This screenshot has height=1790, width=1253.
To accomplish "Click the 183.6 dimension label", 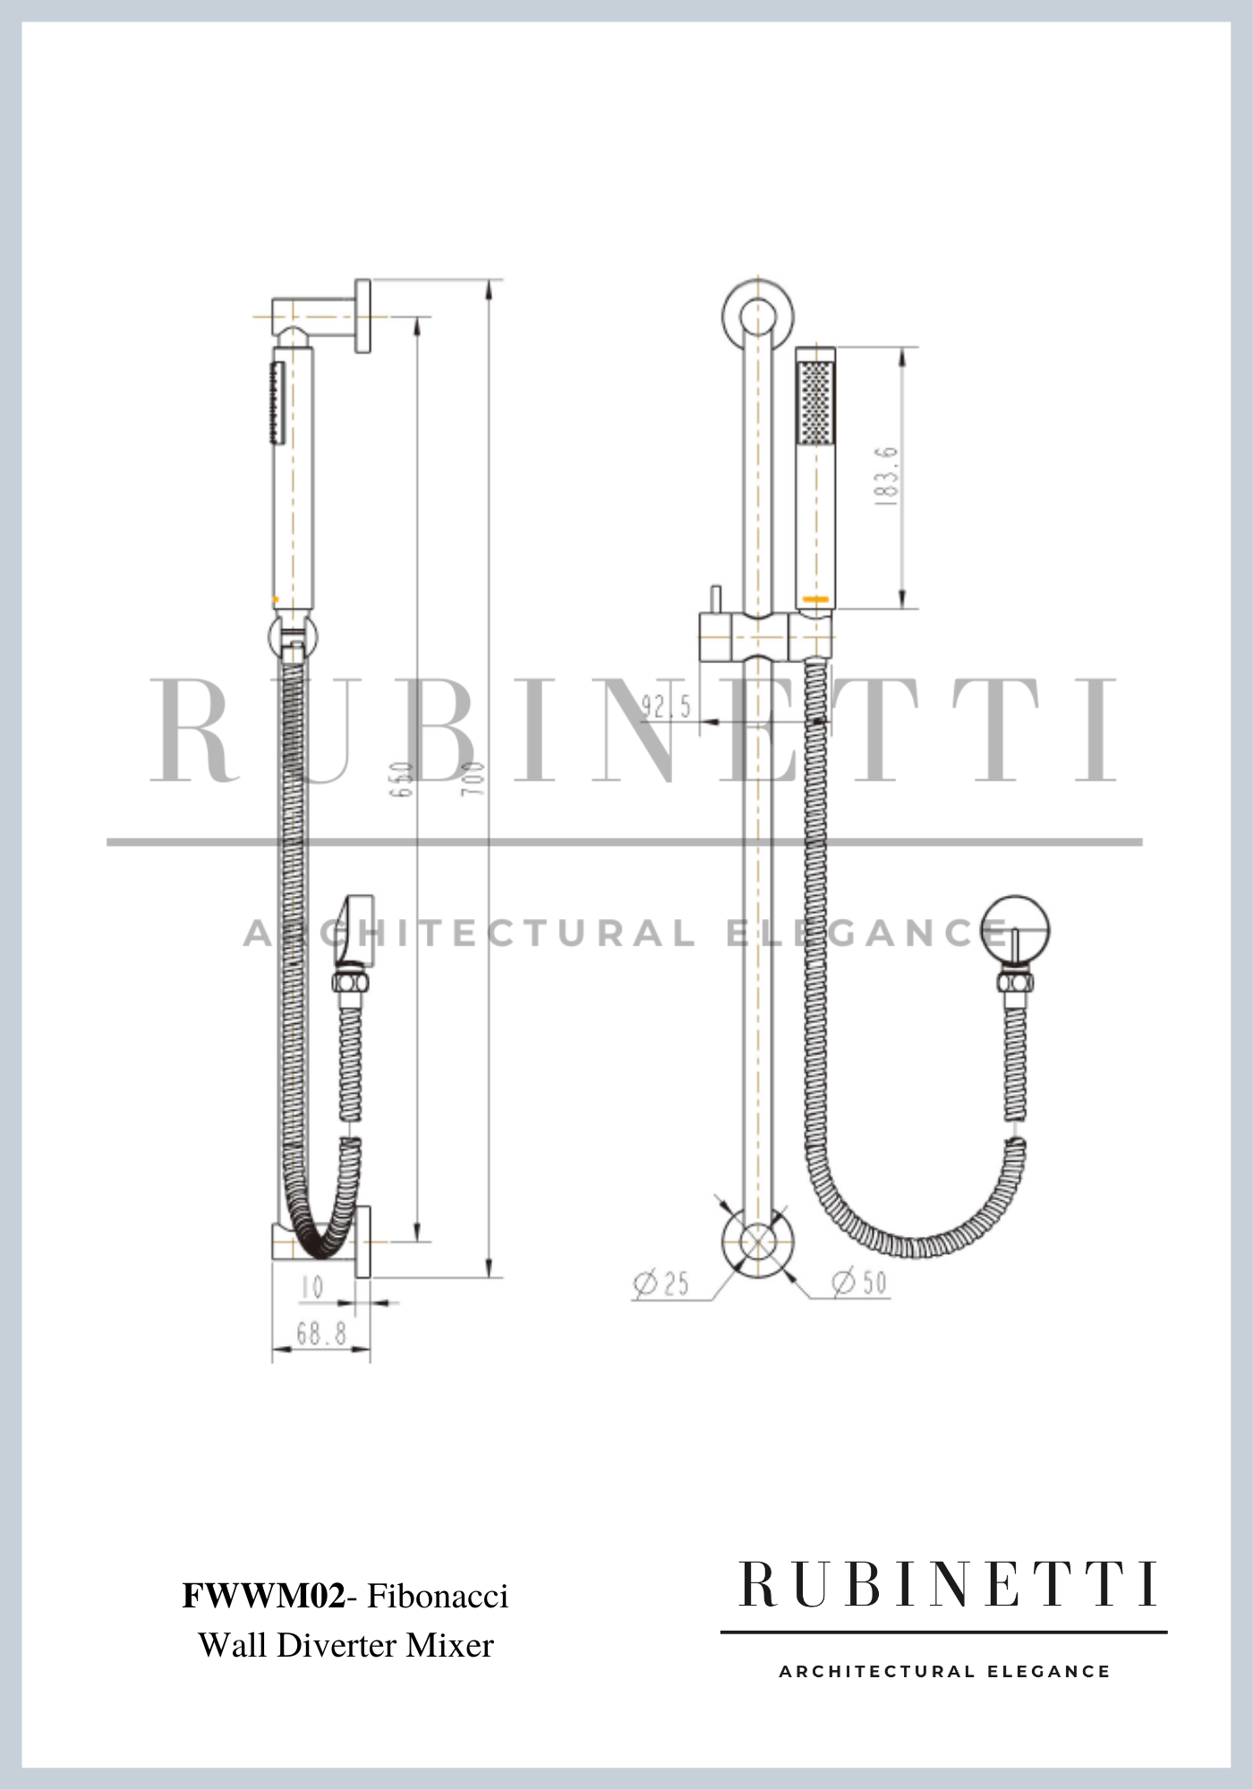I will pyautogui.click(x=886, y=476).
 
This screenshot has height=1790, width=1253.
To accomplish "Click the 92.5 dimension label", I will pyautogui.click(x=665, y=707).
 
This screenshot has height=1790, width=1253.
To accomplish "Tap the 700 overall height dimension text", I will pyautogui.click(x=474, y=779).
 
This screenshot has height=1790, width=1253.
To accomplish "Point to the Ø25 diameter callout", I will pyautogui.click(x=662, y=1283).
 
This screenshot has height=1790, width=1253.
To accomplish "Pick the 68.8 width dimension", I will pyautogui.click(x=321, y=1334).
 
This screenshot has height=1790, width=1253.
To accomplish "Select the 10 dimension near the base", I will pyautogui.click(x=312, y=1288).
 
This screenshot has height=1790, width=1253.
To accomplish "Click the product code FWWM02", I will pyautogui.click(x=263, y=1596).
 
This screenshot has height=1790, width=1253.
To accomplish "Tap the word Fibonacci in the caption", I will pyautogui.click(x=438, y=1596).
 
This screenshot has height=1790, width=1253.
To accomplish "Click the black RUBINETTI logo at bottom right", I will pyautogui.click(x=947, y=1585).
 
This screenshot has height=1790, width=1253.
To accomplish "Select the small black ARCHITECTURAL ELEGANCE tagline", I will pyautogui.click(x=944, y=1671).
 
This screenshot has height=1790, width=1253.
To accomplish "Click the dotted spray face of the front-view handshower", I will pyautogui.click(x=815, y=402).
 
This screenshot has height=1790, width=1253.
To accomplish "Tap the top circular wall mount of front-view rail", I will pyautogui.click(x=758, y=314).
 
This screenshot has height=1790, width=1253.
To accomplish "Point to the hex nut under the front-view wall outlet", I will pyautogui.click(x=1015, y=981).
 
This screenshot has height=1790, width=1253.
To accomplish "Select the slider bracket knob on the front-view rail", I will pyautogui.click(x=715, y=600).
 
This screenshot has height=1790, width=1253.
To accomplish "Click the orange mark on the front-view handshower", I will pyautogui.click(x=815, y=598).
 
